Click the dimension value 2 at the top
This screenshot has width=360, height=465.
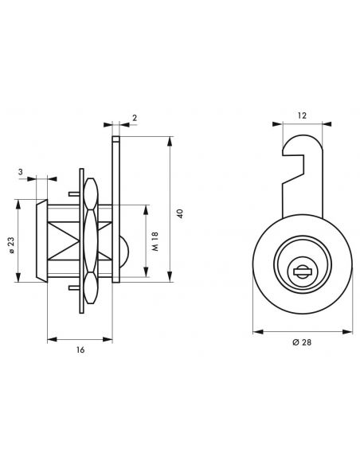pos(133,117)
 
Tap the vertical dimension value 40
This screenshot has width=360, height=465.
pos(181,213)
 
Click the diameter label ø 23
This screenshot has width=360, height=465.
pos(10,243)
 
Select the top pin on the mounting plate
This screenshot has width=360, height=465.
pos(74,192)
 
